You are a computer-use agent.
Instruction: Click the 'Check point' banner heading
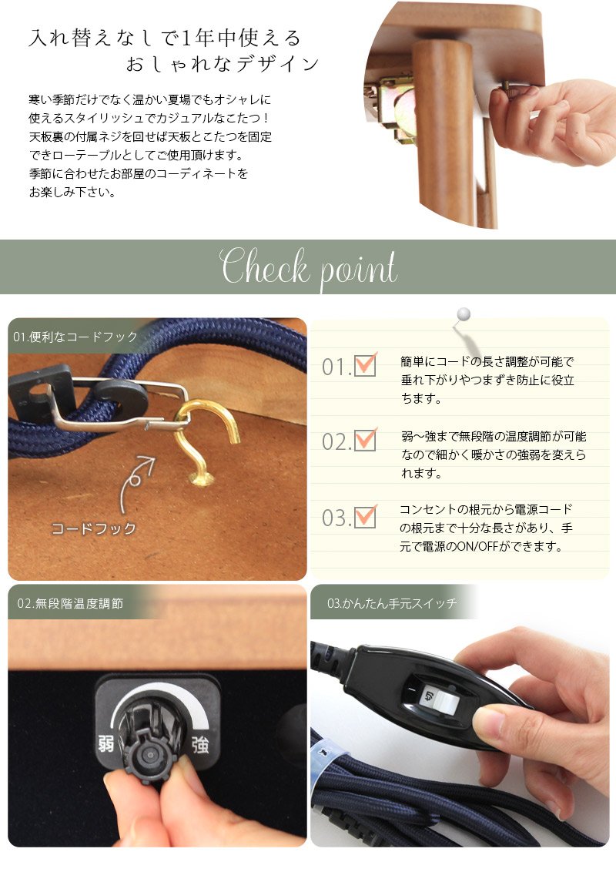(309, 267)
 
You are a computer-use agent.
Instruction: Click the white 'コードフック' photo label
(93, 528)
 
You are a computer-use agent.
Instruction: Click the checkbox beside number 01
(365, 365)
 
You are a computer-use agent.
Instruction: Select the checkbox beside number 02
(365, 440)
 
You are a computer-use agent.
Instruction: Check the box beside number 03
(365, 516)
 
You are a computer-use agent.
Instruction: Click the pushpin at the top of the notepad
(463, 315)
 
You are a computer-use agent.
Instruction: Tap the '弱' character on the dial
(106, 743)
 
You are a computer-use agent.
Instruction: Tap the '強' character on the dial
(200, 744)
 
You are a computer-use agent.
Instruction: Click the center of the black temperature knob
(149, 755)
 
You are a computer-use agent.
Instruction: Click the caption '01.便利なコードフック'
(75, 337)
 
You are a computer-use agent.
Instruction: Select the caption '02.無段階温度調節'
(70, 603)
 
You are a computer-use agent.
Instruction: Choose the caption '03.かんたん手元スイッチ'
(392, 603)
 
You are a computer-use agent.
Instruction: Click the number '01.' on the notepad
(336, 367)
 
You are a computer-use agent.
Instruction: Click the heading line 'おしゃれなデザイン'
(222, 65)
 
